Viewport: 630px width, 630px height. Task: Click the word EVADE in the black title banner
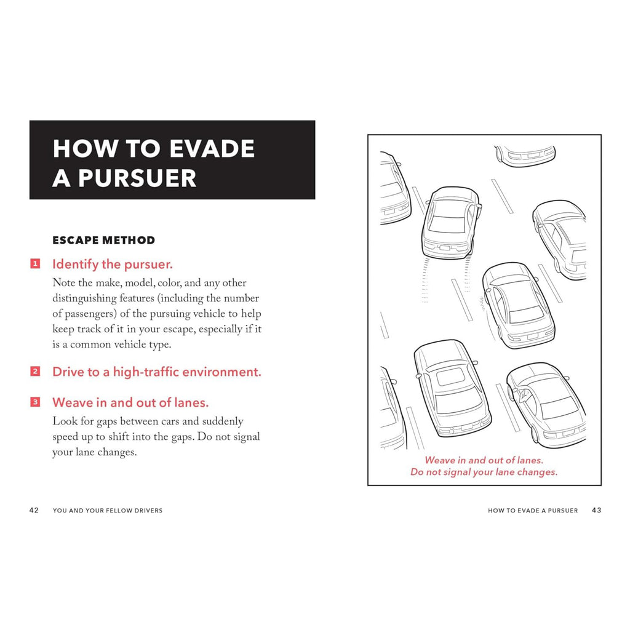(211, 149)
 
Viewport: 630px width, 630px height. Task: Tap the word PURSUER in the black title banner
(136, 178)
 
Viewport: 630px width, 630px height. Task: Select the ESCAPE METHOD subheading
(104, 240)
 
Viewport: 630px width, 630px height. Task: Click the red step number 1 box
(36, 264)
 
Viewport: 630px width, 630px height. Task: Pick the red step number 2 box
(36, 372)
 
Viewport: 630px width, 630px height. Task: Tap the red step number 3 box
(36, 402)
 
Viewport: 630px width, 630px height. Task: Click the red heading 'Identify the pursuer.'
(113, 265)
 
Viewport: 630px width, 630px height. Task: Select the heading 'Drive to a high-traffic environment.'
(157, 372)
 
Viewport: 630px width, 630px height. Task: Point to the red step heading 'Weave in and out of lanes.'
(130, 403)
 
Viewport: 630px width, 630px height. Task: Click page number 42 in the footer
(34, 510)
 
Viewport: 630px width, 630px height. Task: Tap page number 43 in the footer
(596, 510)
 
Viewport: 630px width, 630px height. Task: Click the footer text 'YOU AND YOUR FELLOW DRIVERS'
(108, 511)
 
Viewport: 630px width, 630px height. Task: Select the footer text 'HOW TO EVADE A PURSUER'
(533, 511)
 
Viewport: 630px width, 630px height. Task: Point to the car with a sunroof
(452, 388)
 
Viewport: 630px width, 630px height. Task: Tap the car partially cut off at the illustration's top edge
(525, 155)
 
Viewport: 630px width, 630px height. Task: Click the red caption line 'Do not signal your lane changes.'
(484, 472)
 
